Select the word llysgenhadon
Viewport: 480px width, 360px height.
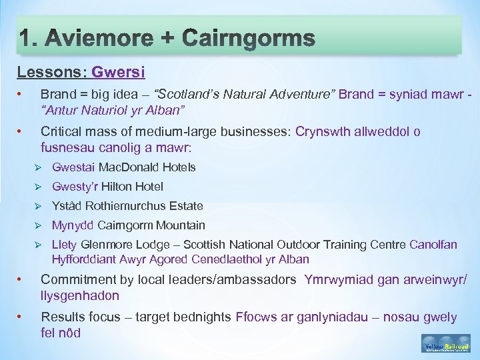coord(80,295)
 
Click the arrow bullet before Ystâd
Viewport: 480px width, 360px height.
coord(38,206)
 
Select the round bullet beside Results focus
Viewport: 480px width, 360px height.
coord(22,317)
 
